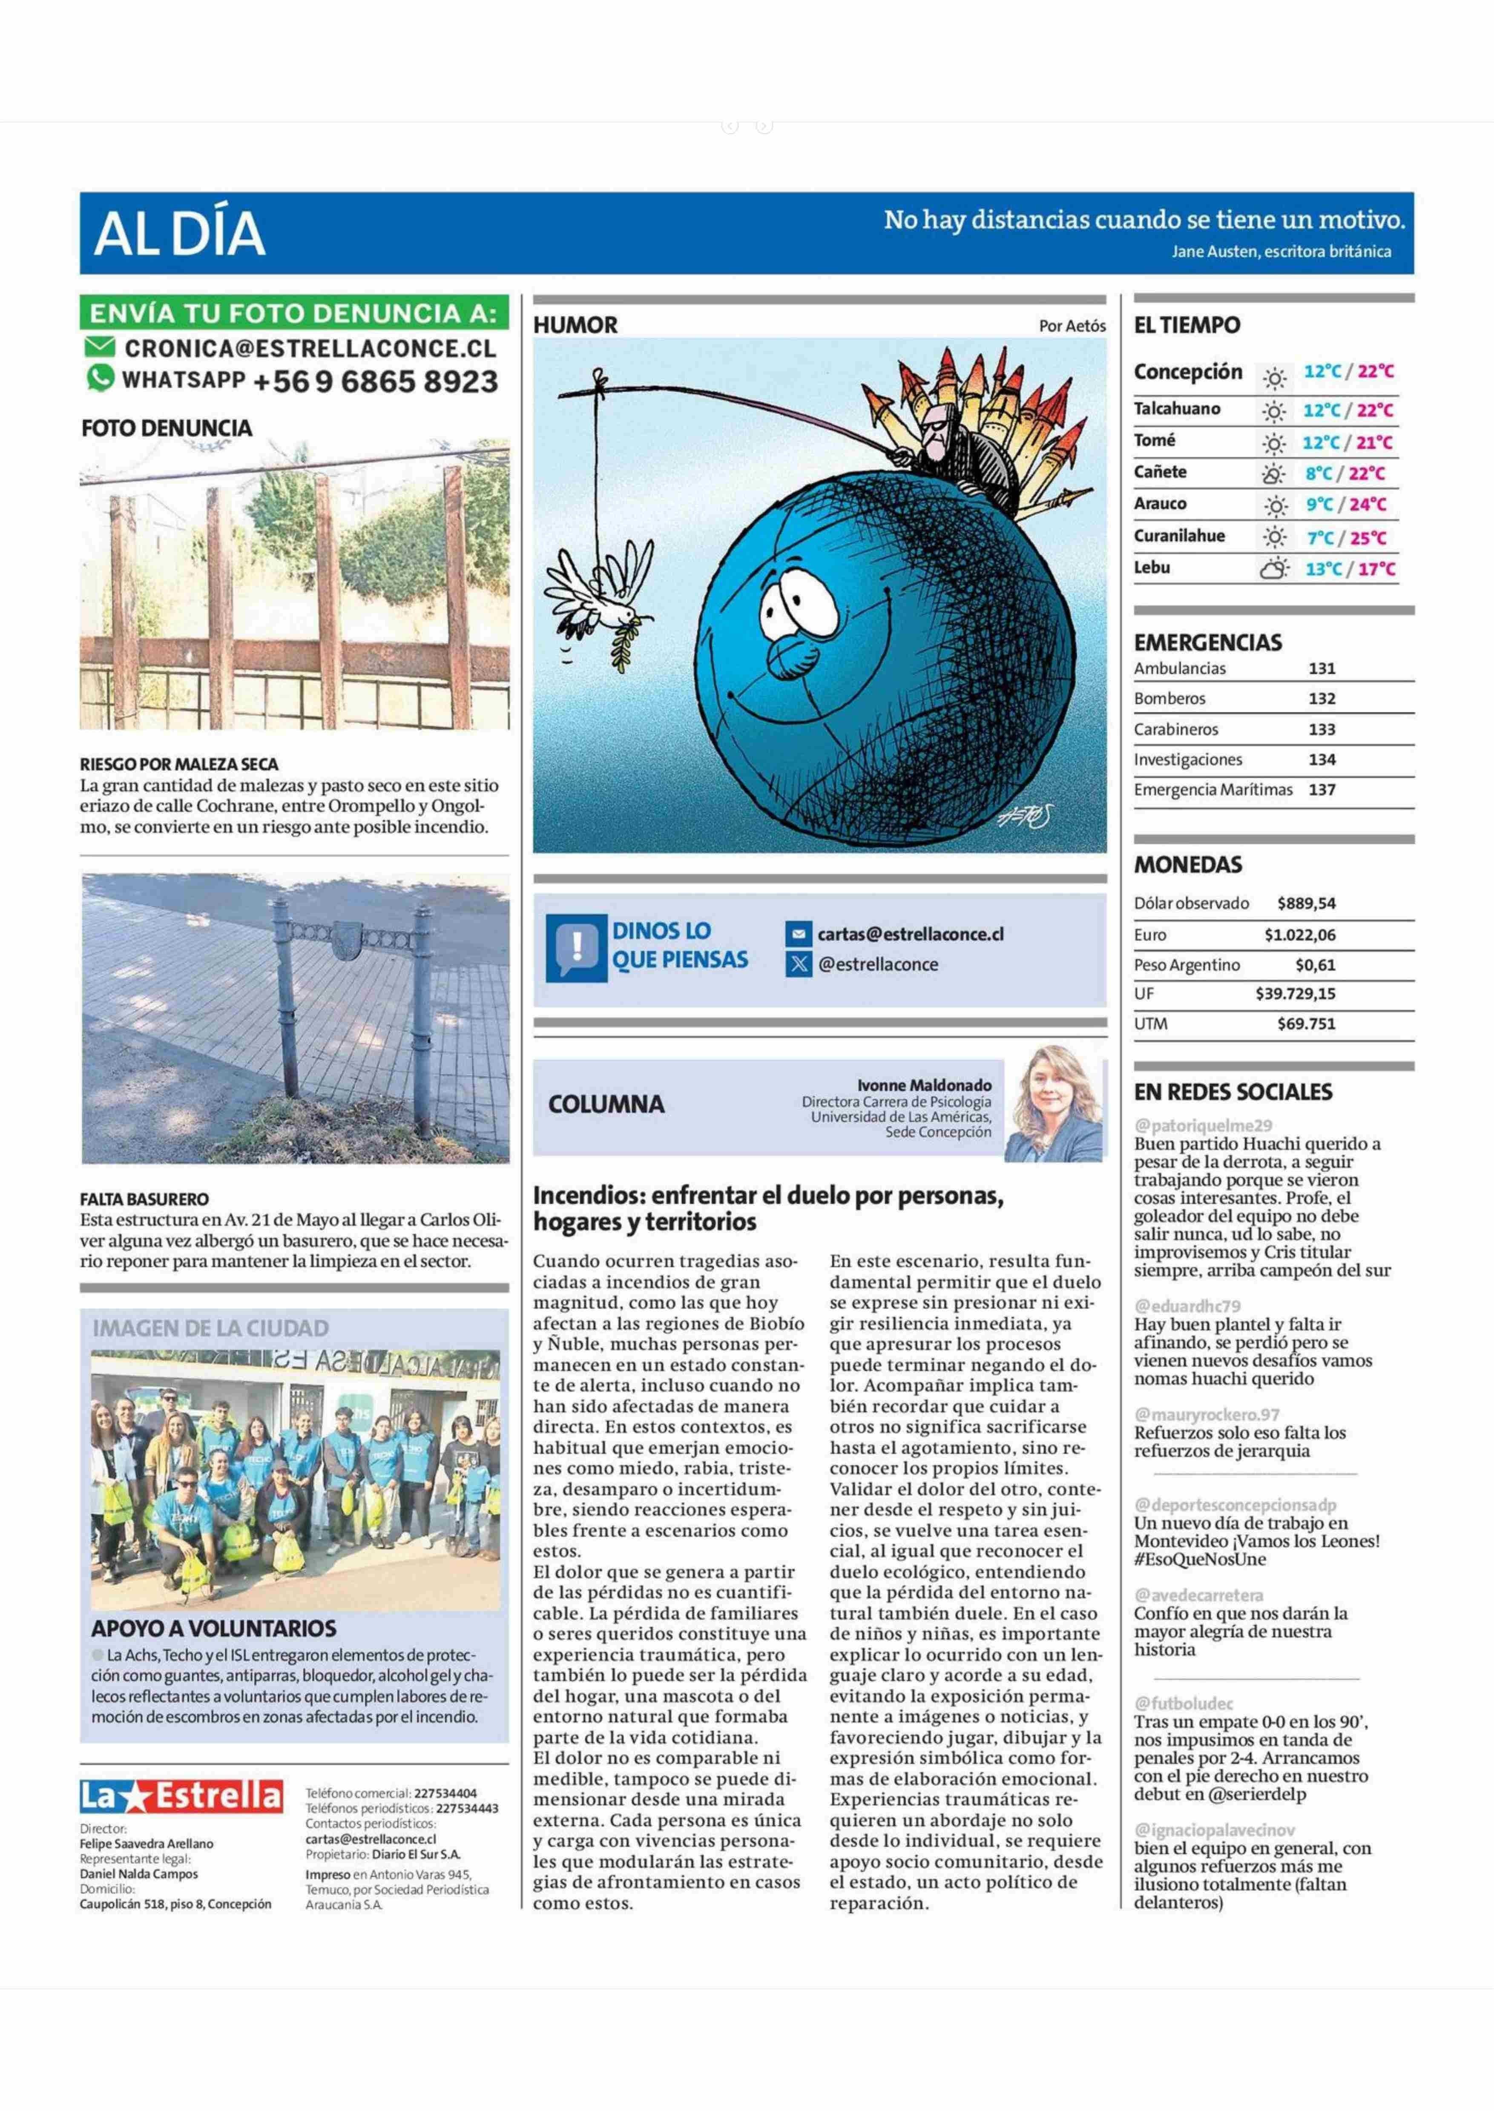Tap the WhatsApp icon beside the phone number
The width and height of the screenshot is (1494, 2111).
click(x=100, y=378)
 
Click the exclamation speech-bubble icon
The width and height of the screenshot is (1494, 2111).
click(x=576, y=947)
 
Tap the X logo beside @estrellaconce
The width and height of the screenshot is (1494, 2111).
click(x=799, y=964)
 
